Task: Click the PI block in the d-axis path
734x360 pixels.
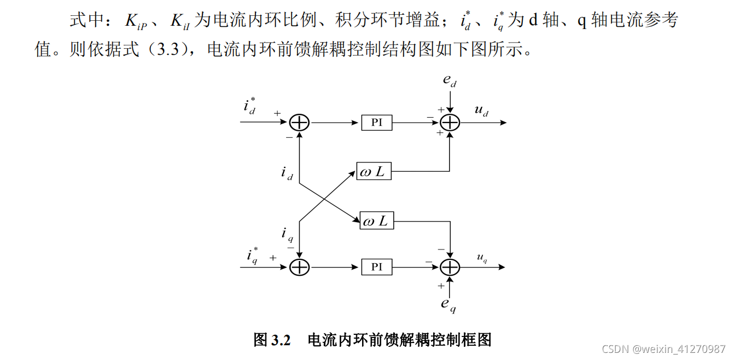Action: coord(377,123)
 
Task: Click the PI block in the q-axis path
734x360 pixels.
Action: coord(377,267)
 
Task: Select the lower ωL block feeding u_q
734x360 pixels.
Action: coord(376,221)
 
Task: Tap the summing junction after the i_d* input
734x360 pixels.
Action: coord(299,123)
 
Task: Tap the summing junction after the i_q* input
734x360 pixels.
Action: coord(299,267)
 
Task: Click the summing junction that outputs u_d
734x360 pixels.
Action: coord(450,123)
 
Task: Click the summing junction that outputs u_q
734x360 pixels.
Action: coord(450,267)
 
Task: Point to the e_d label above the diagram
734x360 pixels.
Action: coord(450,80)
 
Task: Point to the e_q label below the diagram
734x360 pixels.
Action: coord(448,305)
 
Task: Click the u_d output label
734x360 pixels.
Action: coord(481,112)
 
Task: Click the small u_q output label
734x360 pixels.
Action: coord(482,258)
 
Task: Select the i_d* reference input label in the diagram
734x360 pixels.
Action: coord(249,106)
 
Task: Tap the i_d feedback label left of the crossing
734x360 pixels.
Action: coord(287,173)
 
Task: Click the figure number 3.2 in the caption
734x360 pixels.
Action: coord(280,340)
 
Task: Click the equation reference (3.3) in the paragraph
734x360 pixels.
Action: coord(167,50)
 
